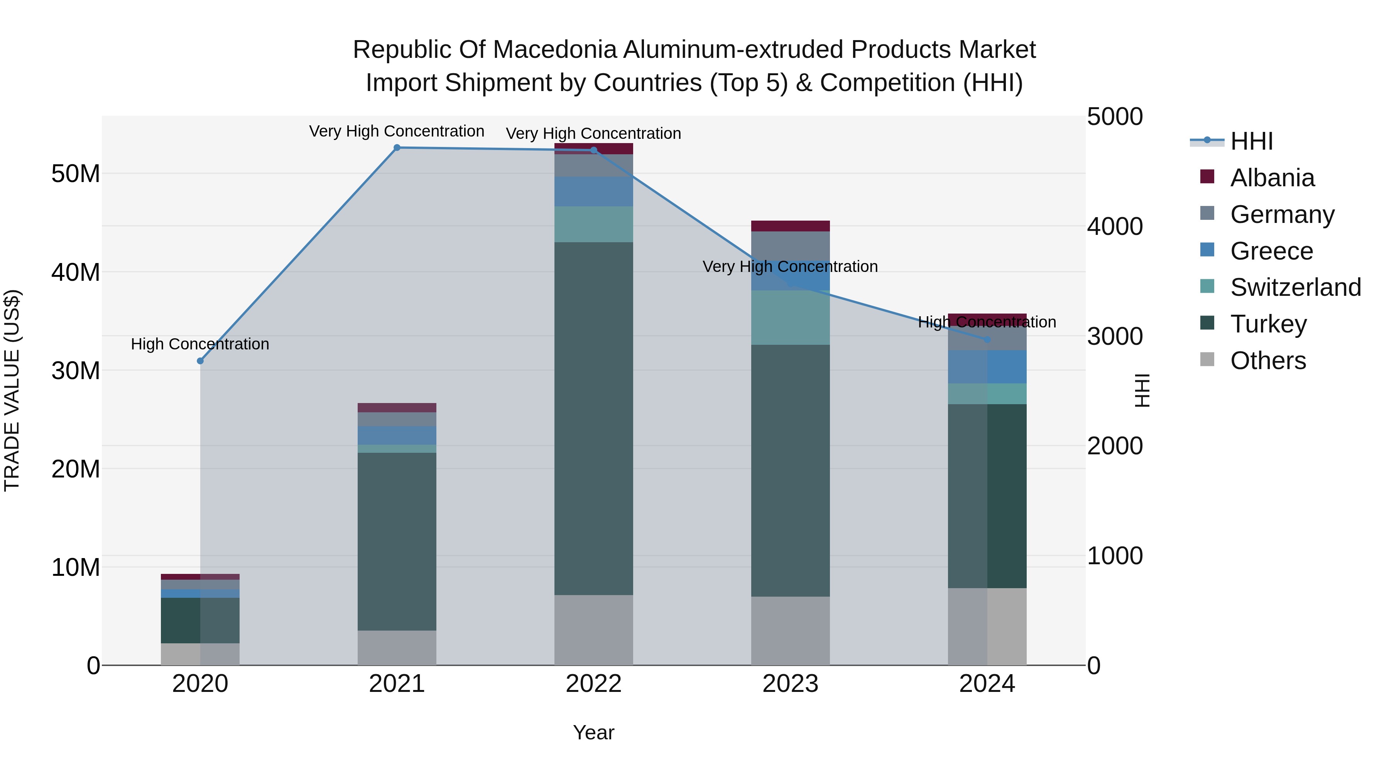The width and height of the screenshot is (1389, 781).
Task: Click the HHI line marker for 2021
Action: [x=397, y=148]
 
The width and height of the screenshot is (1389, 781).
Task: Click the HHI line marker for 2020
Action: [x=200, y=361]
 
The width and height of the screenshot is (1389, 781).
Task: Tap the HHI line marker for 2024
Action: [x=987, y=339]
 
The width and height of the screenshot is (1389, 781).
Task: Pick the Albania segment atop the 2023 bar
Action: [x=791, y=226]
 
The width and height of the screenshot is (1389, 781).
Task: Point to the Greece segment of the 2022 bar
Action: [x=594, y=191]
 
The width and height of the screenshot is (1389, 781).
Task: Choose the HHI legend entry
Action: [x=1251, y=141]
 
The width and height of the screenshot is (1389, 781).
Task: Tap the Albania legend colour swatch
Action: [x=1207, y=177]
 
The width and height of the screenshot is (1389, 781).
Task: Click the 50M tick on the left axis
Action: [x=76, y=174]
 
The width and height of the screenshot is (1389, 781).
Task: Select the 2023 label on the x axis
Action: [x=791, y=684]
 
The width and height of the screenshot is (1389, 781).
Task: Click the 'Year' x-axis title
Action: [x=594, y=732]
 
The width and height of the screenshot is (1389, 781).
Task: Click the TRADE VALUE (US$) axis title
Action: [x=12, y=390]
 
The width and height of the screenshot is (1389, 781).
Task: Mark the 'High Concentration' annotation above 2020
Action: [x=200, y=344]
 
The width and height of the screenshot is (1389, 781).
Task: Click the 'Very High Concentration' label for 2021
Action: [x=397, y=131]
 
